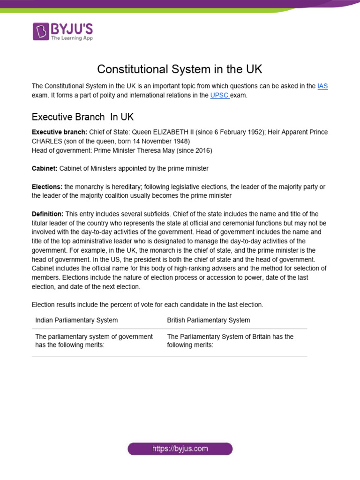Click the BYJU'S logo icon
click(x=41, y=31)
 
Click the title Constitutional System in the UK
click(x=180, y=69)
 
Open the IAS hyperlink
click(x=322, y=86)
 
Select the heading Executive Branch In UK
click(x=82, y=116)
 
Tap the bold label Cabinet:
click(x=45, y=168)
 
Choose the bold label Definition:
click(x=47, y=214)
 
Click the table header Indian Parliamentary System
click(x=76, y=320)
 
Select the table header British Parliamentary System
click(x=209, y=320)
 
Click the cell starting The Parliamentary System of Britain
click(x=230, y=341)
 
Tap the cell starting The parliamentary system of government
click(x=94, y=341)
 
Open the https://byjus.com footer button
click(x=180, y=449)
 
